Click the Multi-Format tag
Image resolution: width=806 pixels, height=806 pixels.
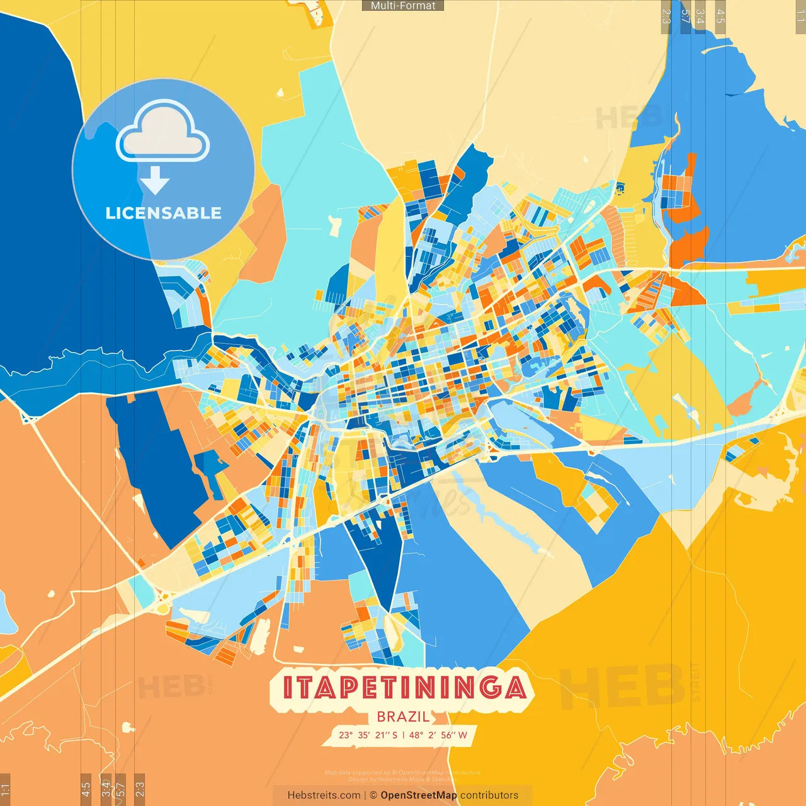coord(403,6)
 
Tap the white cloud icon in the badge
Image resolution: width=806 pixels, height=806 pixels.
coord(162,132)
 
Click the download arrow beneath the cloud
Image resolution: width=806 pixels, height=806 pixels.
coord(155,181)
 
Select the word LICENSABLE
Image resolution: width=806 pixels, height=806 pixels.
coord(163,213)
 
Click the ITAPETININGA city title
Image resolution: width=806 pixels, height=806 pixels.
coord(403,688)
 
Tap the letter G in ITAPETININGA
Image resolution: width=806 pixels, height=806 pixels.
coord(489,688)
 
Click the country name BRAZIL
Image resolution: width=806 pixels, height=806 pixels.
coord(403,717)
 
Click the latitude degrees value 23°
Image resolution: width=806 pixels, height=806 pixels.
coord(346,735)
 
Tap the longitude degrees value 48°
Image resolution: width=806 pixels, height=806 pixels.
coord(417,735)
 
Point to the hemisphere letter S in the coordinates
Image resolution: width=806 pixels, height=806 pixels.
coord(394,735)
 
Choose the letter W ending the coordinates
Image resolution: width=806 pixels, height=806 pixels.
coord(463,735)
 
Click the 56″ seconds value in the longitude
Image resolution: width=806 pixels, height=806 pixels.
coord(448,735)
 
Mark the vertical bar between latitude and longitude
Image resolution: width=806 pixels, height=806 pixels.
coord(404,735)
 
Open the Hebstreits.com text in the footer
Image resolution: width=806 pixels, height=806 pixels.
coord(324,795)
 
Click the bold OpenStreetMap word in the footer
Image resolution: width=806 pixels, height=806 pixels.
coord(419,795)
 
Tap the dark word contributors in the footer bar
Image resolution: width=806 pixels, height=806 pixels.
coord(489,795)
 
